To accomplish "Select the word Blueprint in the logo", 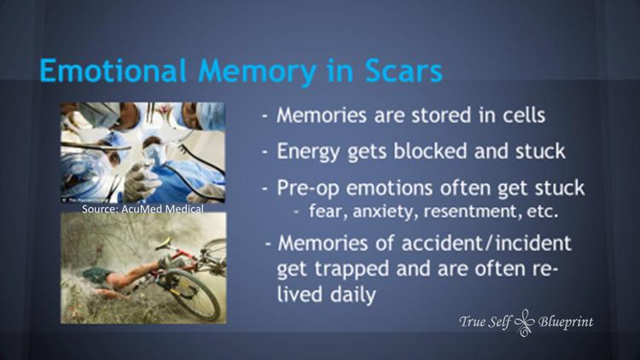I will click(x=566, y=322).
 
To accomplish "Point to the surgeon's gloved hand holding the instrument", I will click(x=137, y=182).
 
